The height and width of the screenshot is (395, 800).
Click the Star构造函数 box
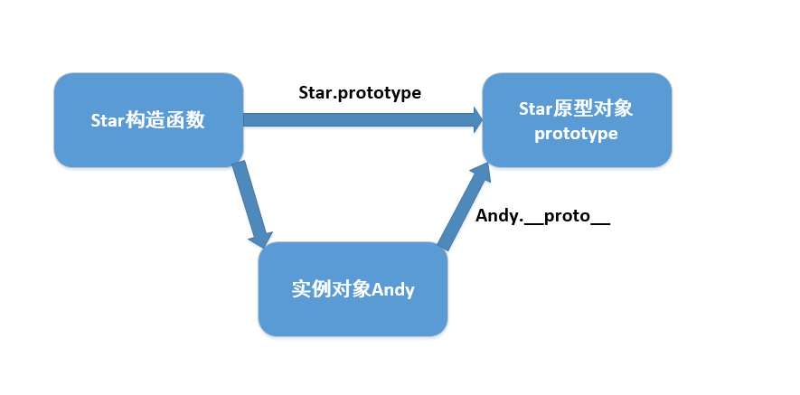tap(148, 120)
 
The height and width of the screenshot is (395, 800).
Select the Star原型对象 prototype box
tap(576, 120)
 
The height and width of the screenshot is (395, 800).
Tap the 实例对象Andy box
tap(353, 289)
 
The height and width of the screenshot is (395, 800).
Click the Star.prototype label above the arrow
tap(360, 92)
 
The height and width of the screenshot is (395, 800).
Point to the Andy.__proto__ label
tap(542, 217)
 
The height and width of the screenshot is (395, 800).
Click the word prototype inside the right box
tap(576, 134)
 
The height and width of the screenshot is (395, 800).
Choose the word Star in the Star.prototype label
tap(315, 92)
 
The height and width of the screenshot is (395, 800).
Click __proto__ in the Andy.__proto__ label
tap(566, 217)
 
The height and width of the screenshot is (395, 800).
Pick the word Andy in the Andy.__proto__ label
tap(495, 217)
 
